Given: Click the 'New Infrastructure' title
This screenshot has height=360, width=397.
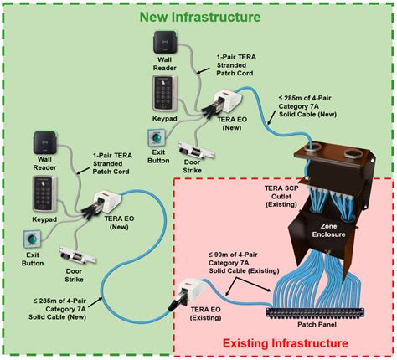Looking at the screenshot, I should click(x=198, y=16).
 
